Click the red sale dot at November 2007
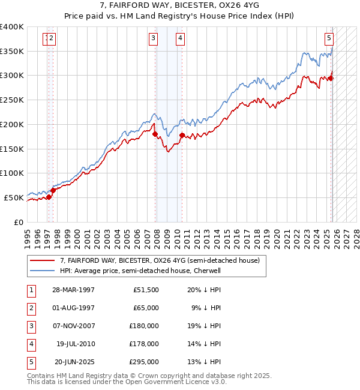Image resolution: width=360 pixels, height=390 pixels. [x=155, y=134]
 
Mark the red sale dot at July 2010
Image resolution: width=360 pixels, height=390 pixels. [x=181, y=135]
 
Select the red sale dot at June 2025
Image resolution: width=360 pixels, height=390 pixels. [x=330, y=77]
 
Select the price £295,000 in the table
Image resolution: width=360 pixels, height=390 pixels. [x=144, y=362]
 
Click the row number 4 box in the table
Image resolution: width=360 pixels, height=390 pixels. [x=31, y=344]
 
